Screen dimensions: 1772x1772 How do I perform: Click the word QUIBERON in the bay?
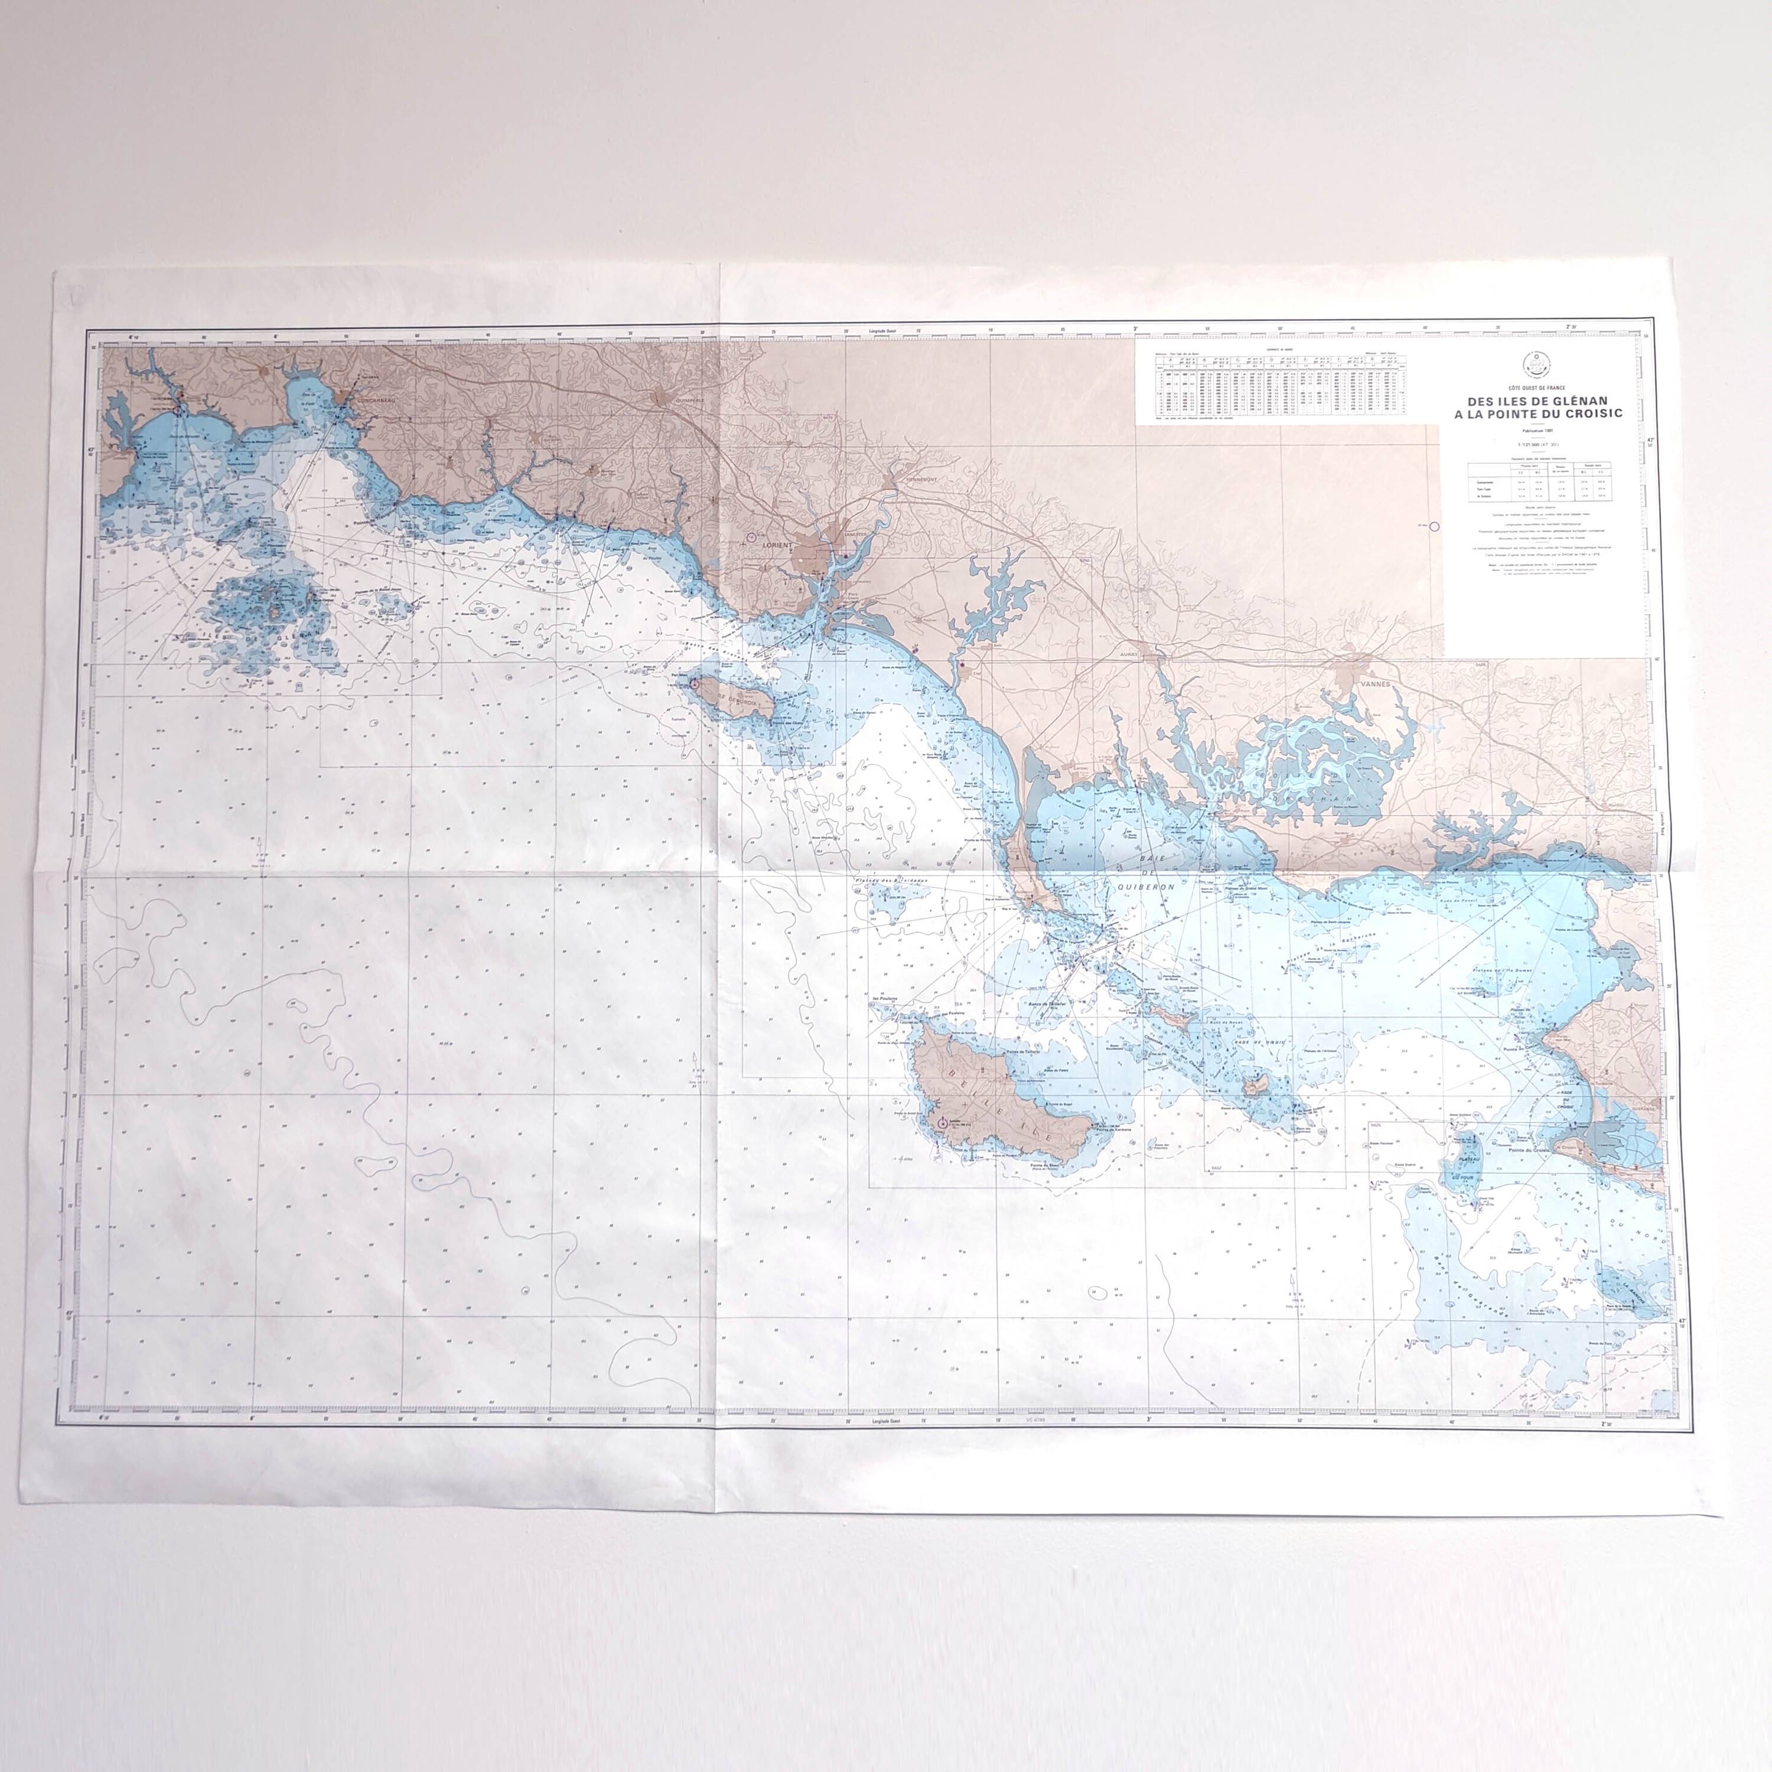(x=1144, y=887)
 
